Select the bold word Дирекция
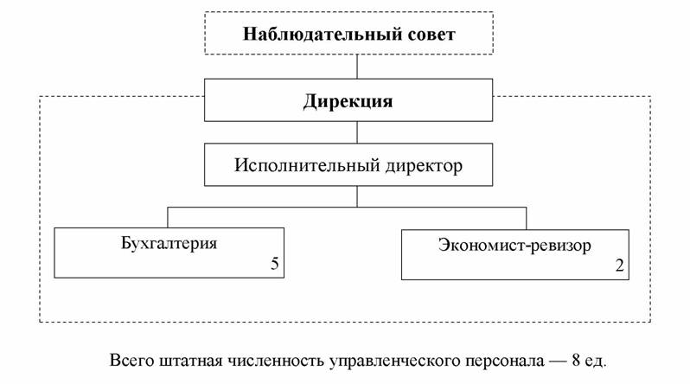(348, 102)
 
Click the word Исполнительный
(307, 165)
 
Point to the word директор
(425, 166)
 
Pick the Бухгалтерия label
(169, 243)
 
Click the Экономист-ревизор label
(514, 246)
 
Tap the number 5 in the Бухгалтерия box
(275, 263)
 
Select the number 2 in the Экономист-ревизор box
(620, 266)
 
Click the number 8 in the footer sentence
(576, 361)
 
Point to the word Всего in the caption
(132, 361)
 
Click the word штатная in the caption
(192, 362)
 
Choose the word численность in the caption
(276, 362)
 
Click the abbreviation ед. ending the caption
(597, 362)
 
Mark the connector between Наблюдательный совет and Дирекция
(357, 67)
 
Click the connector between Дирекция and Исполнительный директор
(357, 132)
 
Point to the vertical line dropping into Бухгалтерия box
(168, 218)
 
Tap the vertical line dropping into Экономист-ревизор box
(527, 219)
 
